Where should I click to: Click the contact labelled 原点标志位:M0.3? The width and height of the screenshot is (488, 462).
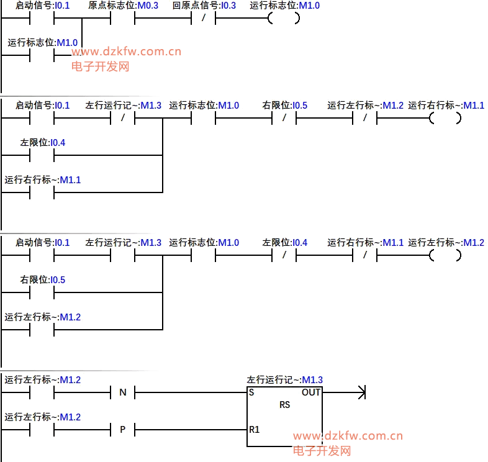(x=122, y=18)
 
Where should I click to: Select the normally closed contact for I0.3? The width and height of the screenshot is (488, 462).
(x=203, y=18)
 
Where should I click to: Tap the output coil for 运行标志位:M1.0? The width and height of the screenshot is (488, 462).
(x=284, y=18)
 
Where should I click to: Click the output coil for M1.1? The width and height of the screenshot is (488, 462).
(x=445, y=118)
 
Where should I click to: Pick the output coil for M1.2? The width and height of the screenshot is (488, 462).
(x=445, y=255)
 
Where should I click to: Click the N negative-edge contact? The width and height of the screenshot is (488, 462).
(x=122, y=392)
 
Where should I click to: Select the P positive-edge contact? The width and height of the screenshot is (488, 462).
(x=122, y=429)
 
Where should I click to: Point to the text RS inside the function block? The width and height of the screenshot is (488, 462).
(x=285, y=404)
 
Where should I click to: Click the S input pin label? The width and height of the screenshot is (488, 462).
(x=251, y=392)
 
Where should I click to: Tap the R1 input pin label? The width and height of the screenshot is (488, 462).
(x=254, y=429)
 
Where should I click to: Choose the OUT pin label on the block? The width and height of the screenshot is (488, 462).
(x=311, y=392)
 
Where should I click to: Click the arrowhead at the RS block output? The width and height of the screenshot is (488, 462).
(x=362, y=392)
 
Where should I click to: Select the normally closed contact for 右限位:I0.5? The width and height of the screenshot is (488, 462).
(x=284, y=118)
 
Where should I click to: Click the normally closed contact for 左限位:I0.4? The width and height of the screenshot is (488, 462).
(x=284, y=255)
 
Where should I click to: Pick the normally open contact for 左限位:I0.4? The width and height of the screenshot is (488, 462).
(x=42, y=155)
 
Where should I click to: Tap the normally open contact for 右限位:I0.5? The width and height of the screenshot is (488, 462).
(x=42, y=292)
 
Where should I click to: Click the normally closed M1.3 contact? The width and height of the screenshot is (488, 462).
(x=122, y=118)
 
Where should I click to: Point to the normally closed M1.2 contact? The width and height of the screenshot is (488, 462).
(x=364, y=118)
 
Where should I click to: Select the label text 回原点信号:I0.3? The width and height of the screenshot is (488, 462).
(x=204, y=6)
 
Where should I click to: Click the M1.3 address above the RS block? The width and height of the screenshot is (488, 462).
(x=312, y=379)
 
